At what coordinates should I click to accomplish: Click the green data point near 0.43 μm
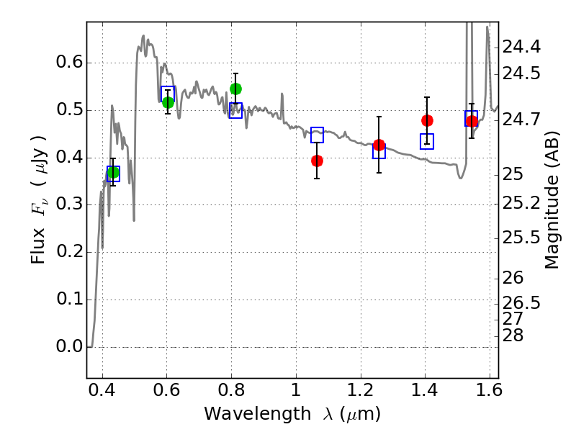(x=112, y=172)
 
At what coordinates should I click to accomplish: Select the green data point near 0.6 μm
(x=168, y=102)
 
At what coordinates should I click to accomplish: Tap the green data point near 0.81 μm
(x=235, y=89)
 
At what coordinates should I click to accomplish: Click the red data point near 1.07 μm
(x=317, y=161)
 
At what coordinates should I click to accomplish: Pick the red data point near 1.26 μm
(x=379, y=145)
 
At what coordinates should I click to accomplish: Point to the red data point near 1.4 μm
(x=427, y=120)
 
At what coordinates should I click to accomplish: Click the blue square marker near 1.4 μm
(x=427, y=141)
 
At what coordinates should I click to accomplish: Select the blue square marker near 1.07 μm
(x=317, y=135)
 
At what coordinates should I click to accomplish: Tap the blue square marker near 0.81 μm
(x=235, y=110)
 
